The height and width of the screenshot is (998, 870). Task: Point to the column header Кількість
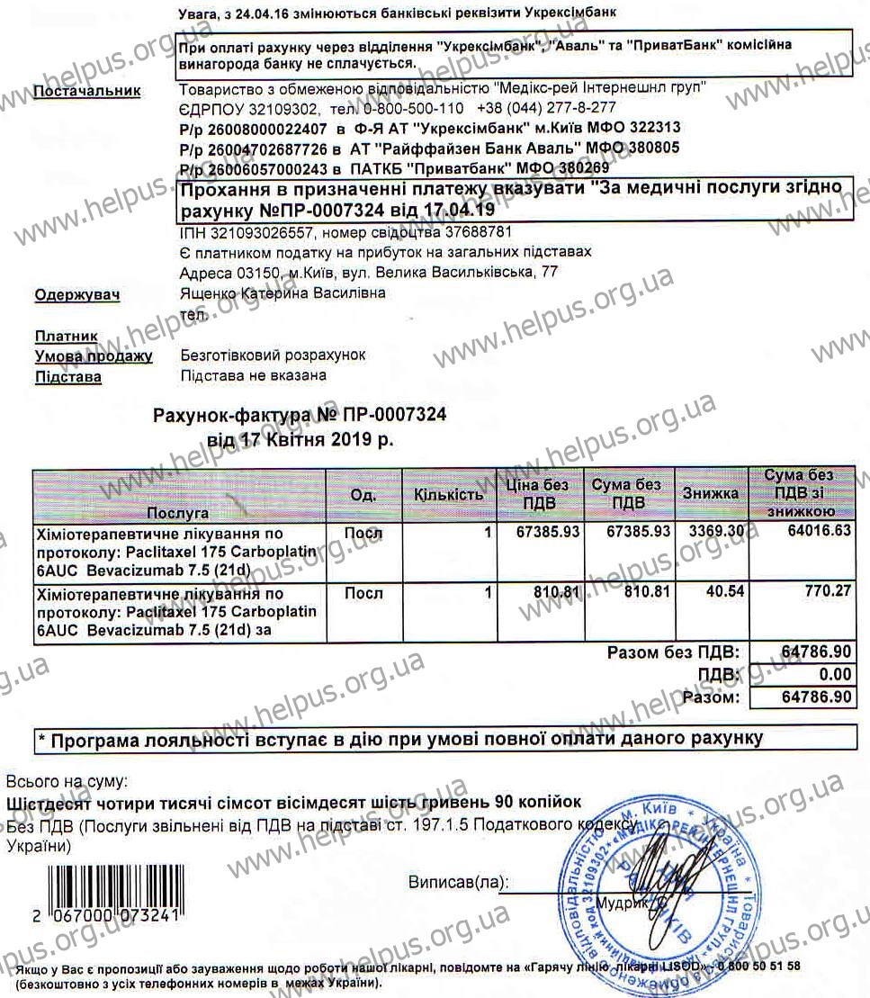(x=448, y=494)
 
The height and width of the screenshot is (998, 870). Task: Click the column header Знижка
(x=710, y=493)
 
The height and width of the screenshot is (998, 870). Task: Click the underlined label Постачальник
(x=86, y=91)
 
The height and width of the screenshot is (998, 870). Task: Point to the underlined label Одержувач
(x=77, y=294)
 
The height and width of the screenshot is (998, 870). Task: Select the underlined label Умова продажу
(x=93, y=356)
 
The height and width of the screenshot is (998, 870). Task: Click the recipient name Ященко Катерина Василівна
(x=283, y=293)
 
